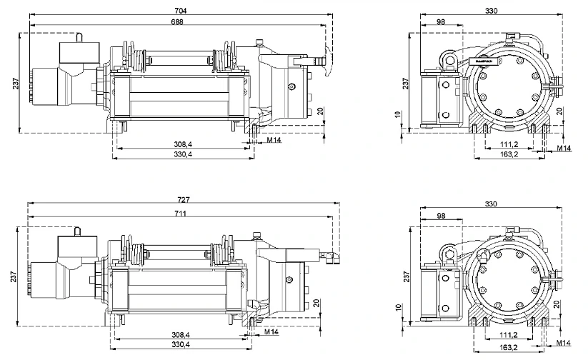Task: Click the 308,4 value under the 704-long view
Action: pos(182,144)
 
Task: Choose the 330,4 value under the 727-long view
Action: pos(181,345)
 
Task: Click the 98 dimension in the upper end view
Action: pos(441,22)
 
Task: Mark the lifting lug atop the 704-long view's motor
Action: pos(80,36)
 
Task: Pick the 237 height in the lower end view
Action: pos(405,276)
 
